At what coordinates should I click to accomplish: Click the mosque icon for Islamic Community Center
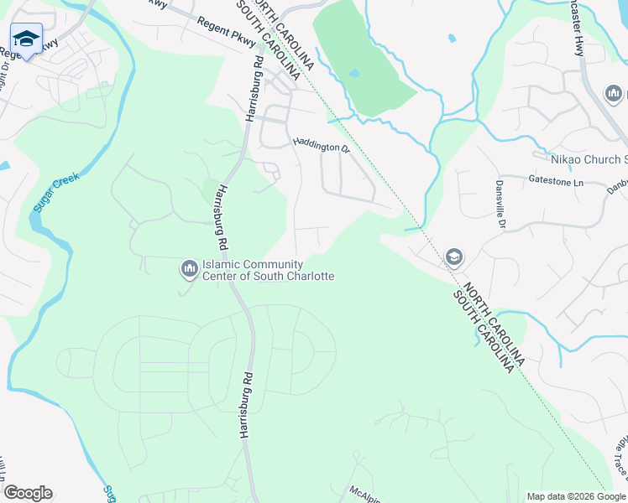pos(188,268)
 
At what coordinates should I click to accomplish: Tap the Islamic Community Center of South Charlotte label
pos(268,270)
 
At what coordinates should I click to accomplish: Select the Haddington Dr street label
pos(320,146)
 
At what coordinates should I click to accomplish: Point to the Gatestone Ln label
pos(556,180)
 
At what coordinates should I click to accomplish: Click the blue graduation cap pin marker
pos(26,39)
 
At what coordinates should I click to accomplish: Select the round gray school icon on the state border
pos(454,257)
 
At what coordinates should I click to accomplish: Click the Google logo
pos(27,493)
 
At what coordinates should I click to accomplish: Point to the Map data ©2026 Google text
pos(577,496)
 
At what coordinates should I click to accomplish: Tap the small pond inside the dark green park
pos(354,74)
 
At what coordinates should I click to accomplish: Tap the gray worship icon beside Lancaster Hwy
pos(612,93)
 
